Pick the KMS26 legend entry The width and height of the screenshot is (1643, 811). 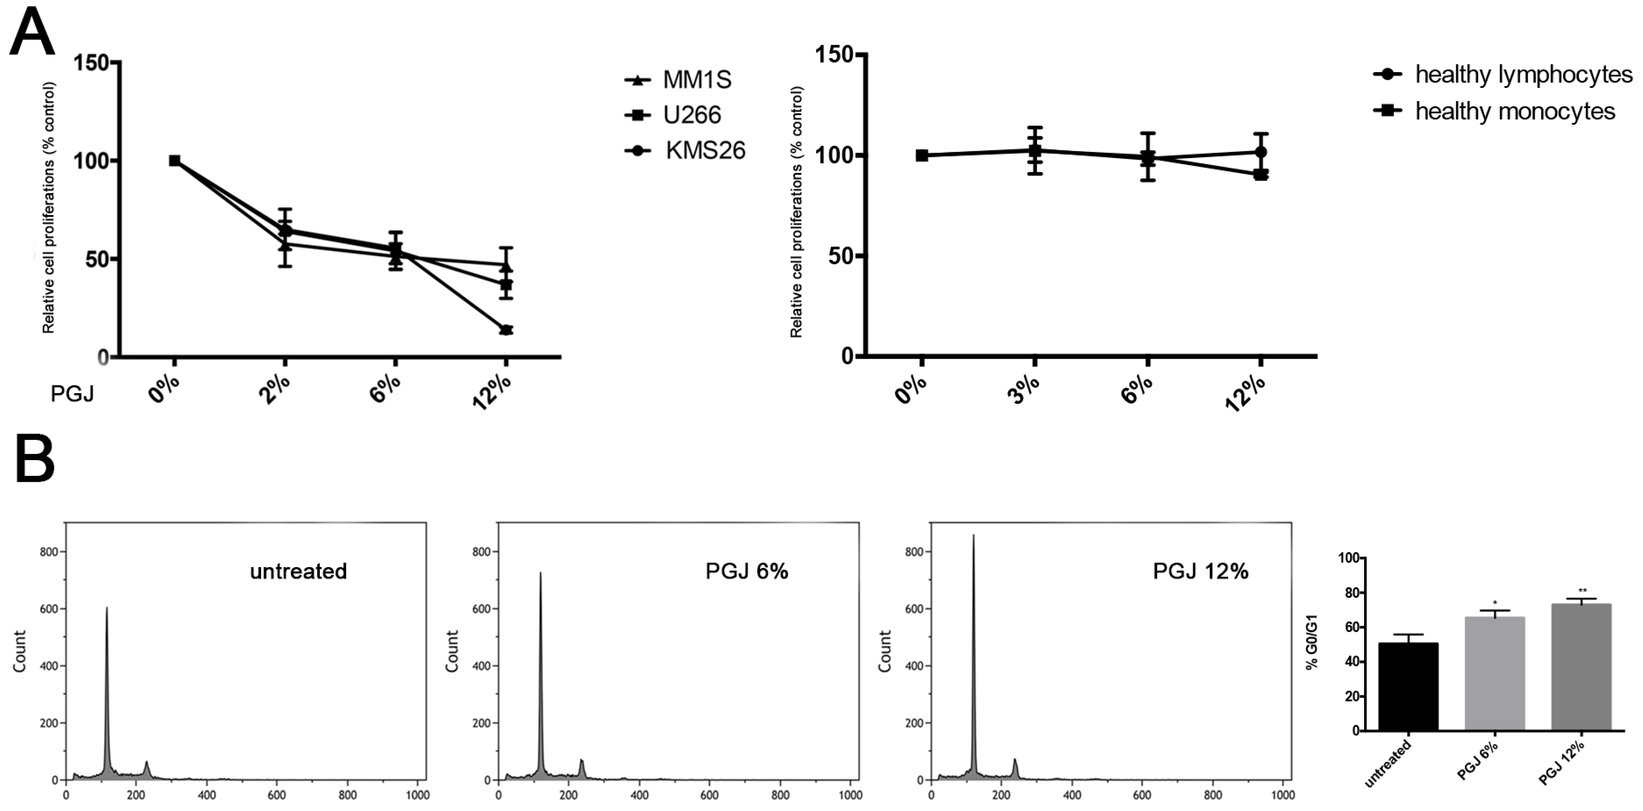coord(686,151)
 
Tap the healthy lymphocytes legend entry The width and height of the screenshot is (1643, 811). coord(1502,75)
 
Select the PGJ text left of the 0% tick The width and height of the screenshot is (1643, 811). coord(72,394)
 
